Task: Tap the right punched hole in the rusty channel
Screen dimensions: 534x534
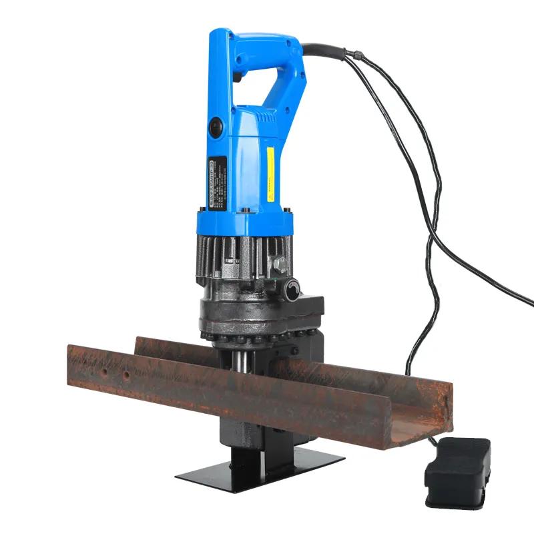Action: (126, 376)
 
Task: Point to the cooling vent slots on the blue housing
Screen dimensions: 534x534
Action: (268, 117)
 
